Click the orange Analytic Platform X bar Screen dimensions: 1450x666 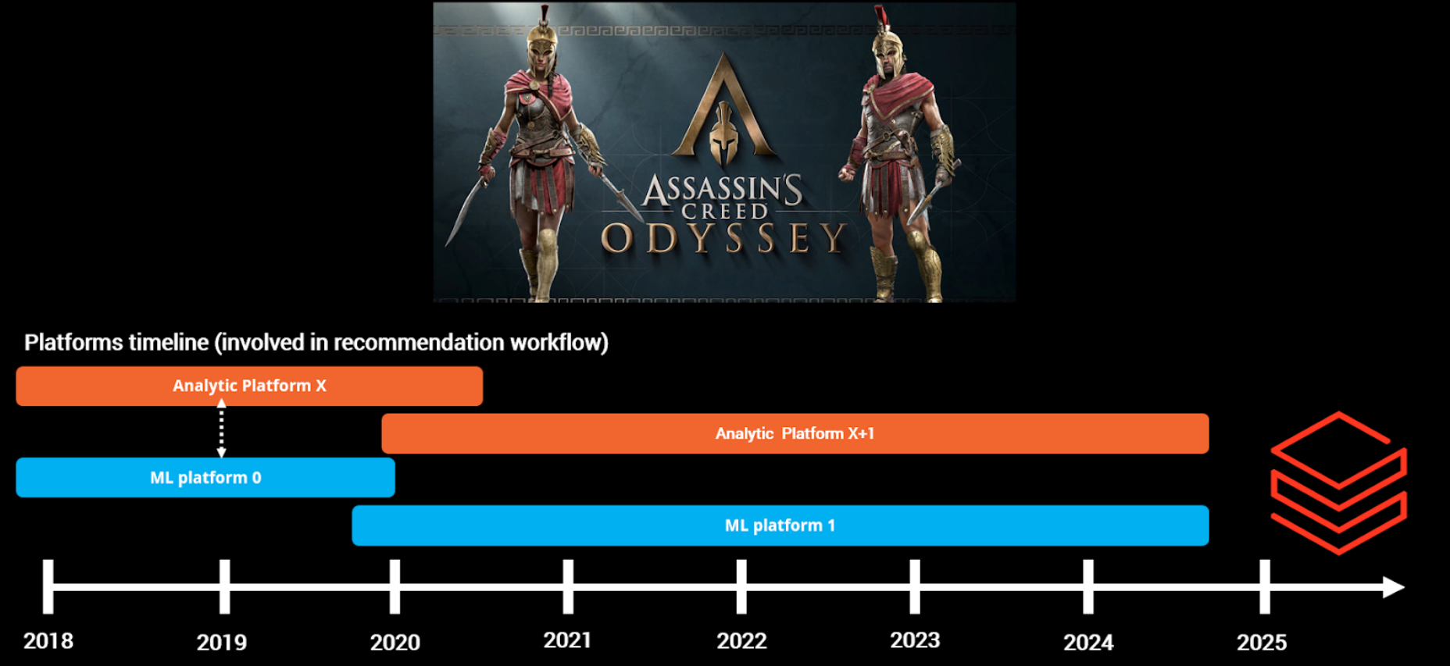pyautogui.click(x=249, y=386)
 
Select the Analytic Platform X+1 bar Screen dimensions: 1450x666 pyautogui.click(x=795, y=433)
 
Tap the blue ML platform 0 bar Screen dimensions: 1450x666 pyautogui.click(x=205, y=477)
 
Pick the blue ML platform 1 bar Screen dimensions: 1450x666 pyautogui.click(x=780, y=525)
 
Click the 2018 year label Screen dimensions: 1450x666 pyautogui.click(x=48, y=641)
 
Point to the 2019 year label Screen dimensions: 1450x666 pyautogui.click(x=222, y=643)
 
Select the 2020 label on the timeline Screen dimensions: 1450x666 pyautogui.click(x=395, y=643)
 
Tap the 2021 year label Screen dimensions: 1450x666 pyautogui.click(x=568, y=640)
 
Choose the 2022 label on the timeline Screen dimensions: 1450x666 pyautogui.click(x=742, y=641)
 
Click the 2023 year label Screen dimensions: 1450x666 pyautogui.click(x=916, y=640)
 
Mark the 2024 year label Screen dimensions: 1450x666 pyautogui.click(x=1089, y=643)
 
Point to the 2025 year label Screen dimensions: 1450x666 pyautogui.click(x=1262, y=643)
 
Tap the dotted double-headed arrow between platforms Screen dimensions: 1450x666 pyautogui.click(x=222, y=428)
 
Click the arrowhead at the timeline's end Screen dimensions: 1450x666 pyautogui.click(x=1394, y=587)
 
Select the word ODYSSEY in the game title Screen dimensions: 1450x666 pyautogui.click(x=724, y=238)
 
